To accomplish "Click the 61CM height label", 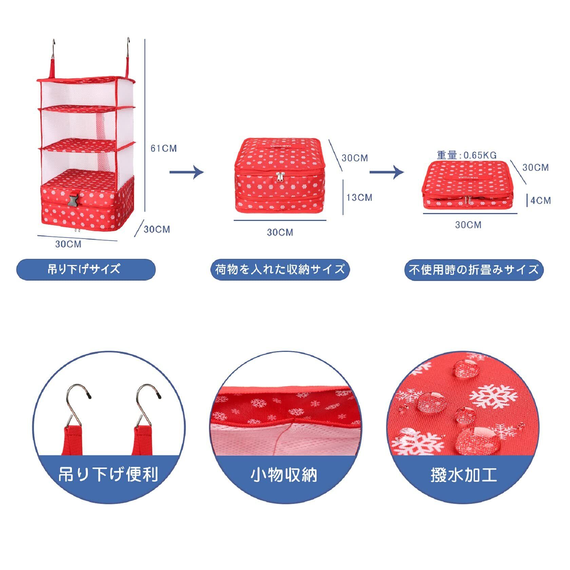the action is pos(164,148).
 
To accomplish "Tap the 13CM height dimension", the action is pos(359,197).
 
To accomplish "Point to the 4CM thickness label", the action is pos(540,201).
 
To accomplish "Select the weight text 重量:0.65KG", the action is pos(467,155).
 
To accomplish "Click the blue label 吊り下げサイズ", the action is pos(86,269).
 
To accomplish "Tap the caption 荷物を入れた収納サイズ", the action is pos(280,269).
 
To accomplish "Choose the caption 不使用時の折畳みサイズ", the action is pos(474,270).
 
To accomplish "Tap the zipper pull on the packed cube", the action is pos(280,176).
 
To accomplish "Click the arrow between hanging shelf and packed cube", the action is pos(186,172).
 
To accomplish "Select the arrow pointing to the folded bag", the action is pos(386,172).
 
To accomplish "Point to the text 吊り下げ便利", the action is pos(109,474).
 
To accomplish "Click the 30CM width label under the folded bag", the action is pos(468,225).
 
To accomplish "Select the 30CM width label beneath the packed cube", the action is pos(280,232).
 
